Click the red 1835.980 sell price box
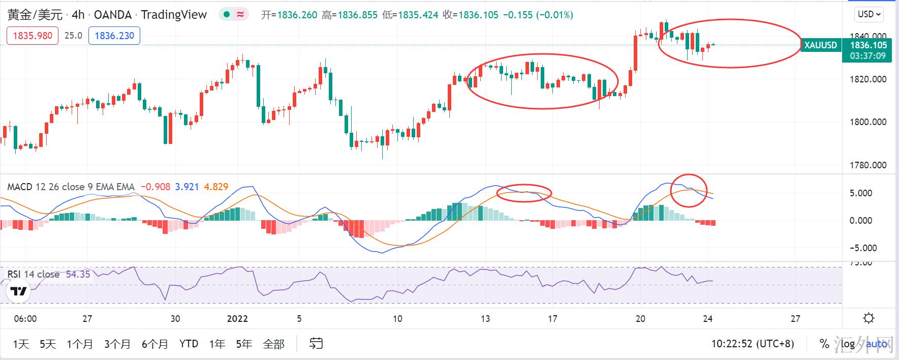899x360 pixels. (x=33, y=36)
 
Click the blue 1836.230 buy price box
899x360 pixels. (x=114, y=36)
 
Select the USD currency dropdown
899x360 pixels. (x=869, y=14)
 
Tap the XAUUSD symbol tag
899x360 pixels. (x=820, y=45)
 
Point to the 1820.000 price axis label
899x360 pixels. (x=867, y=79)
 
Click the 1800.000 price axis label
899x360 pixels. (x=867, y=122)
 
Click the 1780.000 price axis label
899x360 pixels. (x=867, y=165)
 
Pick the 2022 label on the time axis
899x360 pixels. (x=237, y=319)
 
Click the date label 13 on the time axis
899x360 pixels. (x=485, y=319)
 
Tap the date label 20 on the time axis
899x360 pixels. (x=640, y=319)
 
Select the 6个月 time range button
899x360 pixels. (x=154, y=344)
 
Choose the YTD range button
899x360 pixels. (x=189, y=344)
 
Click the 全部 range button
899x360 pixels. (x=273, y=344)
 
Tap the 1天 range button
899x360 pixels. (x=21, y=344)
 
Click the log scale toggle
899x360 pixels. (x=848, y=344)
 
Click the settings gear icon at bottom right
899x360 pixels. (x=869, y=319)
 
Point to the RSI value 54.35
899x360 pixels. (x=78, y=275)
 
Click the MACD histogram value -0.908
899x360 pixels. (x=155, y=187)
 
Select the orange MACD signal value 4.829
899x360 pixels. (x=216, y=187)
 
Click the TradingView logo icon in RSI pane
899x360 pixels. (x=19, y=291)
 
